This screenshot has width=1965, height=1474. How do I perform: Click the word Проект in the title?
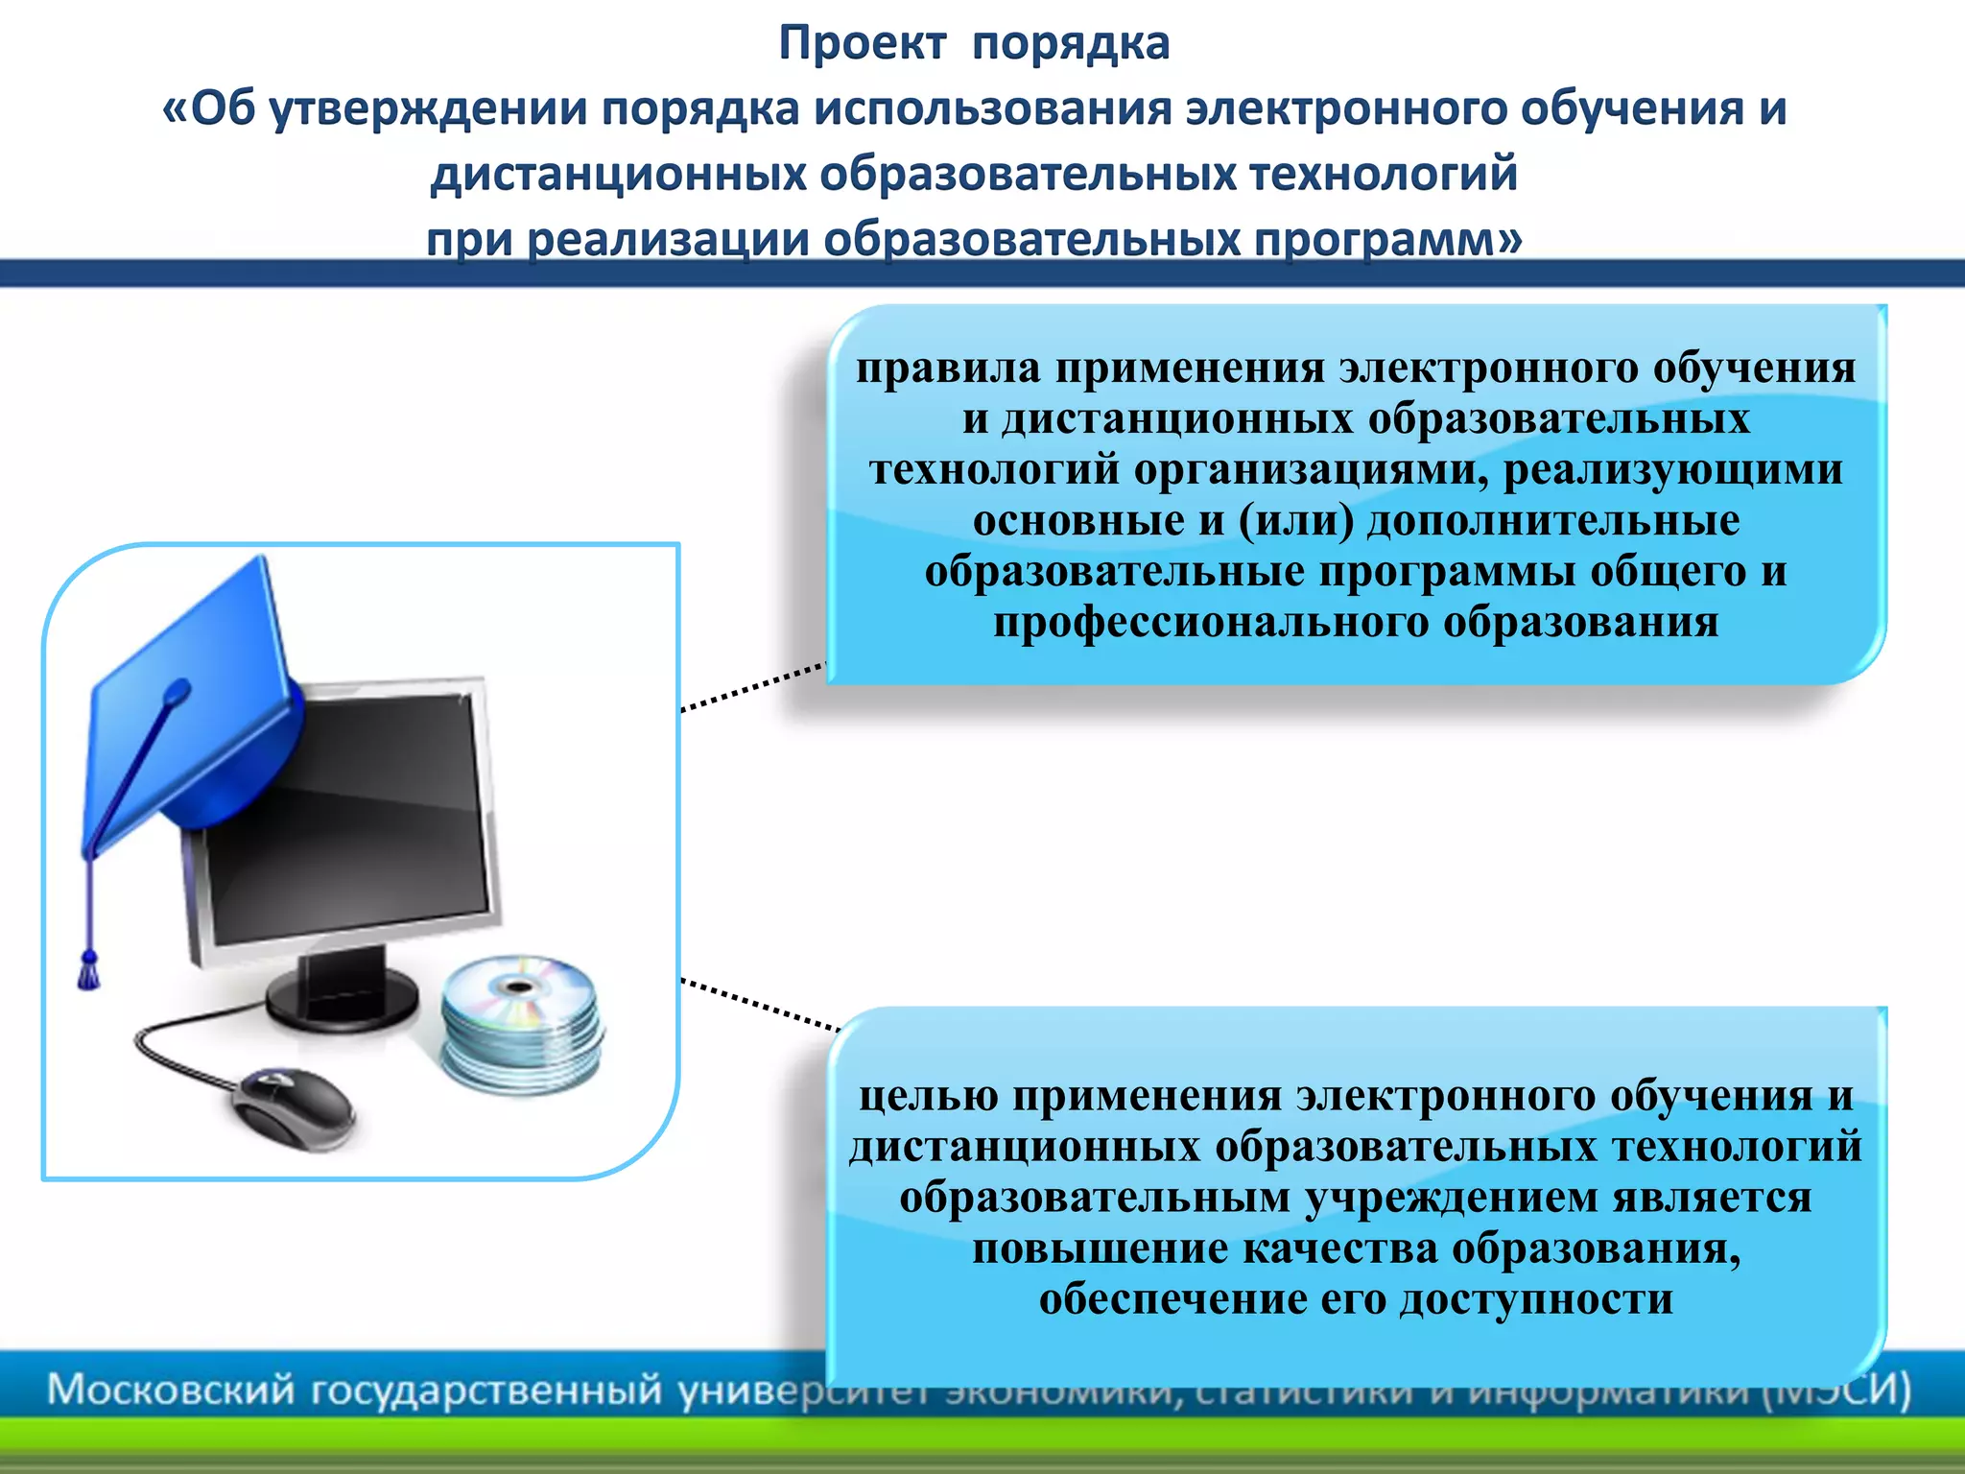coord(862,44)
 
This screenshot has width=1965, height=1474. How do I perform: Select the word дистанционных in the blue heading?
coord(618,175)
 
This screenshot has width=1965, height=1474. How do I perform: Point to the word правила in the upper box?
coord(948,368)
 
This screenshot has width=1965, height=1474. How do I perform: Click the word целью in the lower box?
coord(928,1096)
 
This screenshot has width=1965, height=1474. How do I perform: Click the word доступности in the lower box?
coord(1536,1299)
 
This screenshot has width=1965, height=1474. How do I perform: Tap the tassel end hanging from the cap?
coord(89,971)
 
